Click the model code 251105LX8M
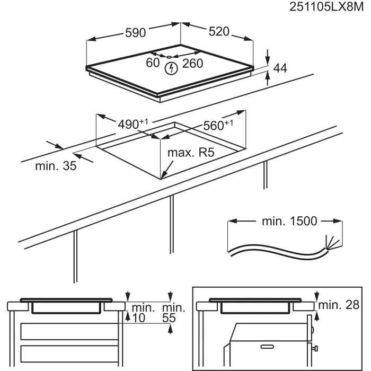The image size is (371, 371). tap(326, 7)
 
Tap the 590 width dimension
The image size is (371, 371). tap(135, 33)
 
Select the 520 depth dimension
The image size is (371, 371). tap(219, 31)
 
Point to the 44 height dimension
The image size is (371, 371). tap(280, 68)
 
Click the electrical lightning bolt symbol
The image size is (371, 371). tap(171, 68)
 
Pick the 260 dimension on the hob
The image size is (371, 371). tap(192, 64)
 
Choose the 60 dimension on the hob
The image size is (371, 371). tap(153, 63)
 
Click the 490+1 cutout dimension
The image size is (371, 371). tap(133, 123)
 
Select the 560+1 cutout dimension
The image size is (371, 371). tap(218, 125)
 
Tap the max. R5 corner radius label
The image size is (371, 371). tap(191, 153)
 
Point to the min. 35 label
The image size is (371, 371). tap(56, 166)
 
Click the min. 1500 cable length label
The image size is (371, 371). tap(289, 221)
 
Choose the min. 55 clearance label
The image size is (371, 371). tap(173, 313)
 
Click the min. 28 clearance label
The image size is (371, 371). tap(339, 305)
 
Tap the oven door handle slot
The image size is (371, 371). tap(267, 347)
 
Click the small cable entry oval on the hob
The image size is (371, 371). tap(169, 57)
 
